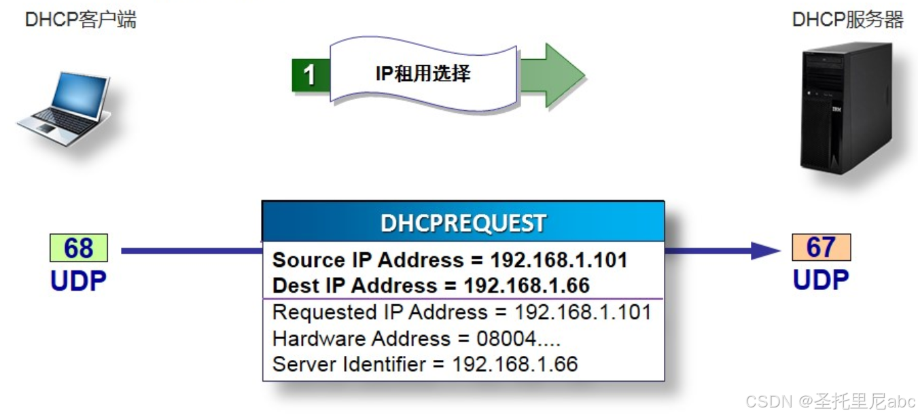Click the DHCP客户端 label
80,20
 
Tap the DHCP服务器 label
847,20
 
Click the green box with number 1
310,75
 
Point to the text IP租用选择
423,73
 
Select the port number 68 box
79,249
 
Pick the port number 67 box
821,247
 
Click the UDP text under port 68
79,280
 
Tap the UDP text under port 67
821,279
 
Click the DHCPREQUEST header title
463,223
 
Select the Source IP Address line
449,260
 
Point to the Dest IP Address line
431,285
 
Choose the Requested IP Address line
461,312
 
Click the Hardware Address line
416,338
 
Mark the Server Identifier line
425,364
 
